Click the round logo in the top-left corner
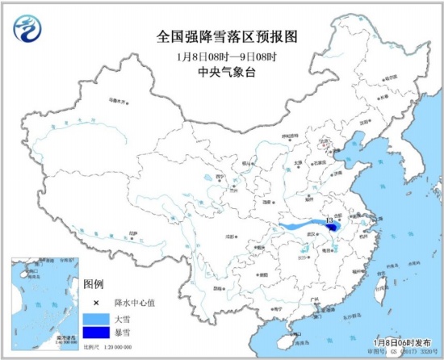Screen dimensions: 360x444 coord(27,29)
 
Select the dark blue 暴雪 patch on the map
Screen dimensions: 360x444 coord(333,231)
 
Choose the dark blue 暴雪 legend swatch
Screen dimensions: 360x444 coord(94,332)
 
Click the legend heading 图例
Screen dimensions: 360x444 coord(94,284)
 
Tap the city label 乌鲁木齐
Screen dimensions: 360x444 coord(118,102)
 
